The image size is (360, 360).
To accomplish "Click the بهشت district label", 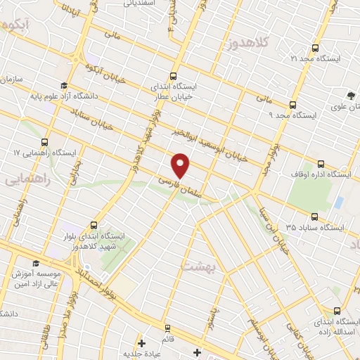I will pyautogui.click(x=197, y=267).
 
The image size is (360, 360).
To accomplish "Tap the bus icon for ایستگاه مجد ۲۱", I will pyautogui.click(x=314, y=49).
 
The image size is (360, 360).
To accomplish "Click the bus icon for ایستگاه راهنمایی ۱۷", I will pyautogui.click(x=45, y=141).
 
